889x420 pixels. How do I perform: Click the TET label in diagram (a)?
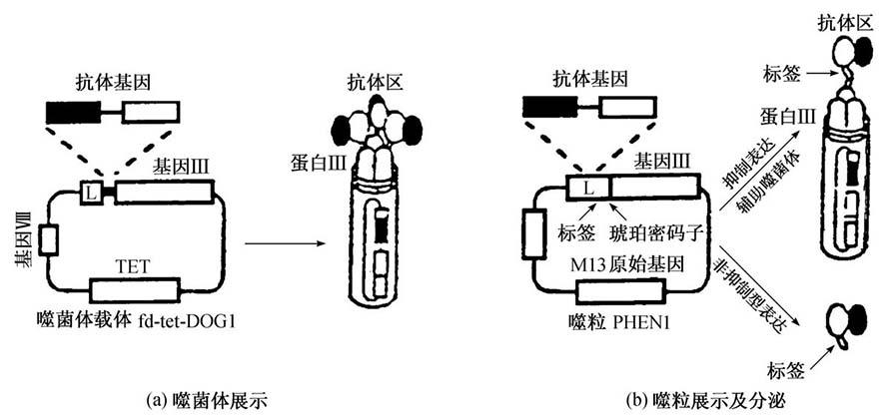(x=135, y=267)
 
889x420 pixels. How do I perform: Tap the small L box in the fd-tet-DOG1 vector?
(x=90, y=195)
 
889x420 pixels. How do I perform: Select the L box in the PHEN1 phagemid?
(x=588, y=188)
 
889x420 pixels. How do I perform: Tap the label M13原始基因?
(x=628, y=263)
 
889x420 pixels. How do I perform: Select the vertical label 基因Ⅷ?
(x=24, y=235)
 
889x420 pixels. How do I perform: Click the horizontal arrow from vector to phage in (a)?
(x=286, y=244)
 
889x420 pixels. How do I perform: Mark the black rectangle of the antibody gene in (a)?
(x=73, y=112)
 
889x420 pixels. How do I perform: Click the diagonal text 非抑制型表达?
(x=755, y=292)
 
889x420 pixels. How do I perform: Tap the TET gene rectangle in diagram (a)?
(x=135, y=291)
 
